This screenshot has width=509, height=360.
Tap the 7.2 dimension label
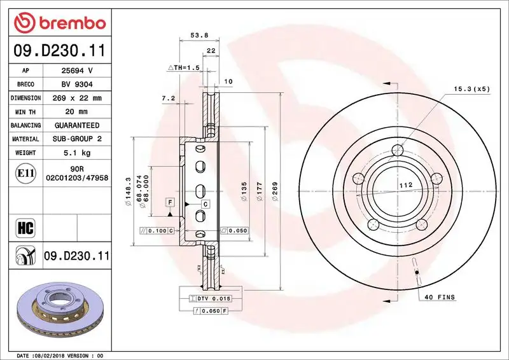tap(168, 99)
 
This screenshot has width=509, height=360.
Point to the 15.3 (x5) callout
tap(471, 89)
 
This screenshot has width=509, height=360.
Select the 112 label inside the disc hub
tap(401, 186)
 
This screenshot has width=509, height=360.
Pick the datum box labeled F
tap(170, 202)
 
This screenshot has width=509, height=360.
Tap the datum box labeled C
tap(206, 204)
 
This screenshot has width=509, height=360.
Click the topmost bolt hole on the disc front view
tap(398, 151)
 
